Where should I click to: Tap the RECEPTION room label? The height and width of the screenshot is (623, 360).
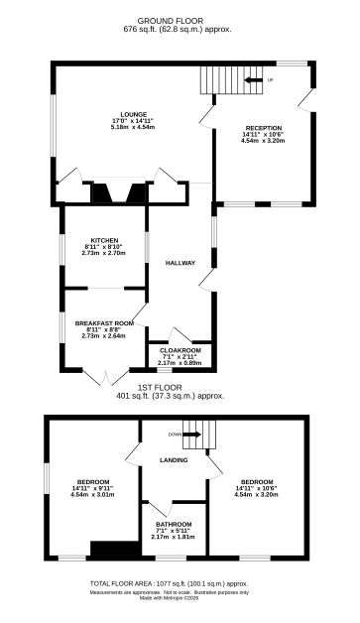pos(263,128)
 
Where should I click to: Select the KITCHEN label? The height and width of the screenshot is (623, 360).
pos(103,240)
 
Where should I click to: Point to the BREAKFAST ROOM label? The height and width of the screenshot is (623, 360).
pos(103,322)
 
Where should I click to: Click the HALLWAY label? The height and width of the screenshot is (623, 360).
pos(180,263)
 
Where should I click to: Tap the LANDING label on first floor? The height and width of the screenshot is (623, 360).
pos(175,458)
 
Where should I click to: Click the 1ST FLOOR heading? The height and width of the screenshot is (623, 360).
pos(180,387)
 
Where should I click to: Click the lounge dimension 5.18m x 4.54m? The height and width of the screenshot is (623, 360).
pos(132,127)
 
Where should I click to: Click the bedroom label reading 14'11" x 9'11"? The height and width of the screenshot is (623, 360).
pos(93,486)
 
